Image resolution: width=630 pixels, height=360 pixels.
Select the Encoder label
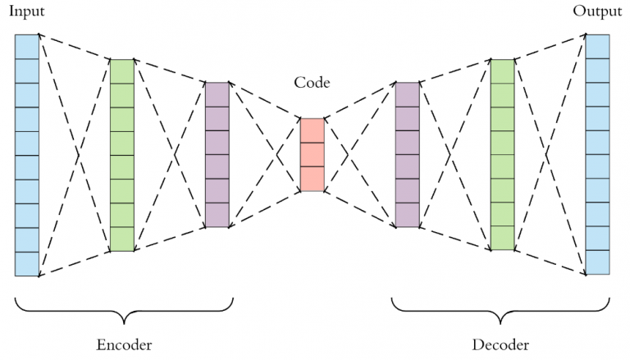tap(124, 343)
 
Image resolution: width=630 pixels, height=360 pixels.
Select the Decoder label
tap(501, 343)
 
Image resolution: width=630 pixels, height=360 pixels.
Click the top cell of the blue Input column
tap(27, 47)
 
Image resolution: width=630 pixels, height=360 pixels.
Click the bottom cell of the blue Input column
tap(27, 264)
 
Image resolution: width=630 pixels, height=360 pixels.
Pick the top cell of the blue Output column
tap(597, 47)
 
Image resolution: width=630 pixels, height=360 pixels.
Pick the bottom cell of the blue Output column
tap(597, 262)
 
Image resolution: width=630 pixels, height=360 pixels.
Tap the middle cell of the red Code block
tap(313, 155)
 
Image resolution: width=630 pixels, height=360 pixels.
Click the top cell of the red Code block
tap(313, 131)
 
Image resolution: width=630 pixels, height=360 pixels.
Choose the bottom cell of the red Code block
tap(313, 179)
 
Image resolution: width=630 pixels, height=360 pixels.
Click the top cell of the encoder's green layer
tap(121, 71)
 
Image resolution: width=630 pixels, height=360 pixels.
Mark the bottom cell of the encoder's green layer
tap(121, 239)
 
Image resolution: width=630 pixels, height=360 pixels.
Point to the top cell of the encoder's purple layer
tap(217, 94)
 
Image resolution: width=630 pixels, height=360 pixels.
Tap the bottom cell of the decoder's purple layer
tap(407, 215)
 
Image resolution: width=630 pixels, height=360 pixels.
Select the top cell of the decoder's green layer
tap(502, 71)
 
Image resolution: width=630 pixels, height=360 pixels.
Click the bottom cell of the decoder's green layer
tap(502, 239)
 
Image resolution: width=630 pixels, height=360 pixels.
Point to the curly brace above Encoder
tap(124, 310)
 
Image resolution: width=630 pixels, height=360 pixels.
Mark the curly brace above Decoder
tap(501, 310)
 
